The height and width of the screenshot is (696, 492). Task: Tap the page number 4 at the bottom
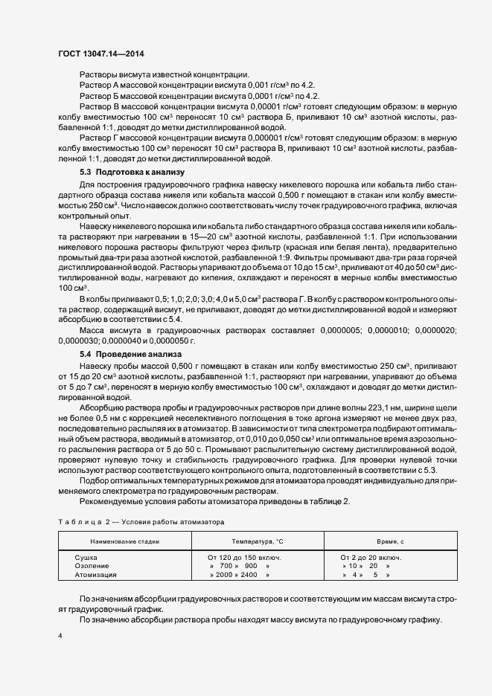pos(60,636)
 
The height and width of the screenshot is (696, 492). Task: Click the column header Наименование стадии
pos(124,542)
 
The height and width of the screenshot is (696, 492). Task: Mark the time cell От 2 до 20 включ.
pos(371,557)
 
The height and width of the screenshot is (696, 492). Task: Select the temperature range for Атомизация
pos(239,575)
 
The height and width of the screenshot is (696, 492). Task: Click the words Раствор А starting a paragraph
pos(99,86)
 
